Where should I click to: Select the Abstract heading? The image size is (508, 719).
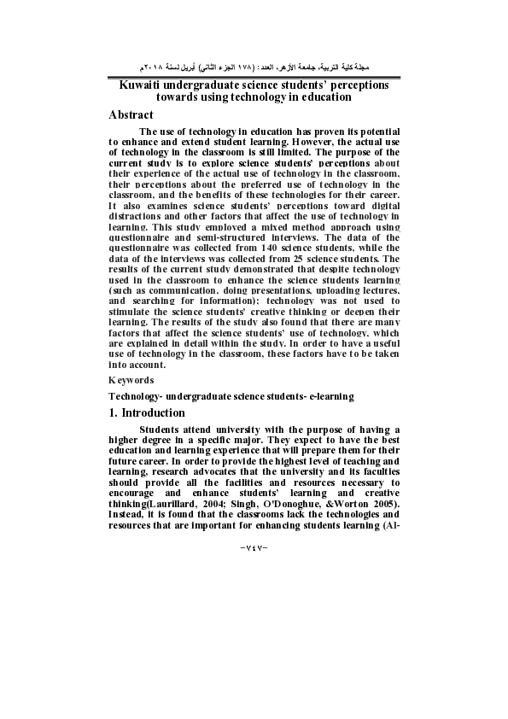[131, 114]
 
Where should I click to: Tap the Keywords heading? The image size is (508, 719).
[131, 379]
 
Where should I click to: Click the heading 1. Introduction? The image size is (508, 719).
[147, 413]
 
